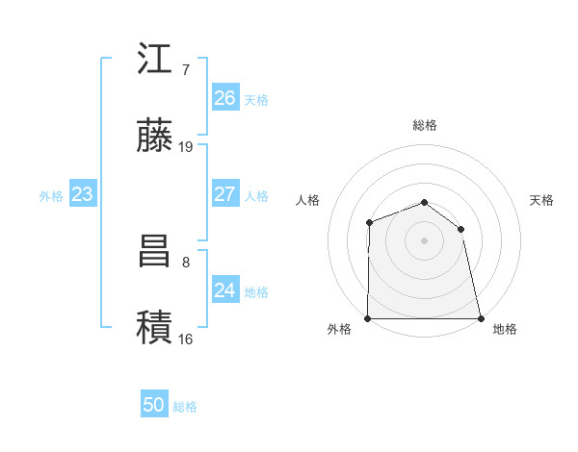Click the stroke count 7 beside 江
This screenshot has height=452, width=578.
click(x=186, y=70)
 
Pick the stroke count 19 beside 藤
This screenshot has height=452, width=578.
click(x=186, y=146)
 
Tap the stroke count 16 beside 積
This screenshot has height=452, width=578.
click(x=186, y=339)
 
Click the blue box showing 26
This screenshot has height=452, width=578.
click(x=224, y=98)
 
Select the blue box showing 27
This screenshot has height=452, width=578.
click(x=224, y=194)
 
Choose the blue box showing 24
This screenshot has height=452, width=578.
click(x=224, y=290)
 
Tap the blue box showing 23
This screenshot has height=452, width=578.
click(x=82, y=194)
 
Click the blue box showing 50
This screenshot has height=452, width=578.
click(x=154, y=405)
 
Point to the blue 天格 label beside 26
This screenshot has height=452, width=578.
click(x=256, y=100)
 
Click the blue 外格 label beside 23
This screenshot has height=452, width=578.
click(x=51, y=196)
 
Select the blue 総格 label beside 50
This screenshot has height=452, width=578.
click(x=186, y=407)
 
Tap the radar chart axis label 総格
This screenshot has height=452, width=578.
click(x=424, y=125)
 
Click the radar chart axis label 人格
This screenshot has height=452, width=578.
click(x=308, y=200)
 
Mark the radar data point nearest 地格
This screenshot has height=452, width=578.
click(x=481, y=318)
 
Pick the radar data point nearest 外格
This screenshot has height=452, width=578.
click(x=368, y=318)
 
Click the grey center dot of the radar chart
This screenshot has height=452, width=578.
click(x=424, y=240)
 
